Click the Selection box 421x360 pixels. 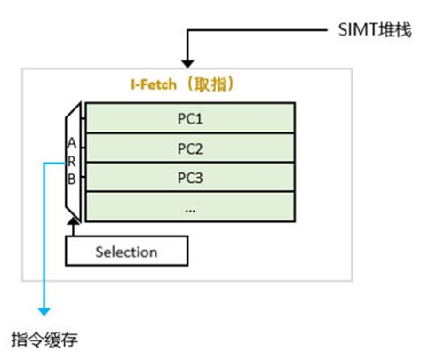126,252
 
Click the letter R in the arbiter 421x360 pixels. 73,161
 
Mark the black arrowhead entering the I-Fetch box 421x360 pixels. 187,61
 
